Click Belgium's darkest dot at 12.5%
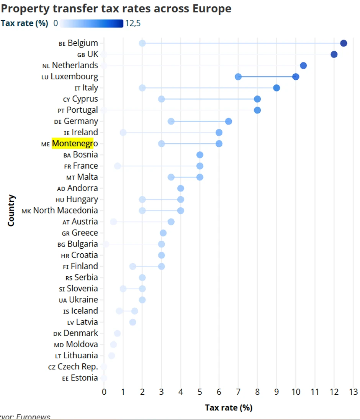coord(344,43)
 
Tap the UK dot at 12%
coord(334,54)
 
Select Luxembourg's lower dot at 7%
coord(238,77)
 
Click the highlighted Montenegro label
coord(72,144)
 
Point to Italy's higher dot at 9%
coord(277,88)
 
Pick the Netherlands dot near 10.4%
coord(303,66)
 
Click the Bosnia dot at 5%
coord(200,155)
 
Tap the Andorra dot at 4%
coord(180,188)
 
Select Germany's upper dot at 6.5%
coord(228,121)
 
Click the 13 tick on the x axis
coord(353,392)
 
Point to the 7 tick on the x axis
coord(238,392)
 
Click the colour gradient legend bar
coord(92,24)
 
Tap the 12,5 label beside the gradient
coord(133,24)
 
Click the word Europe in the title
coord(212,8)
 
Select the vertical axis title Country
coord(11,210)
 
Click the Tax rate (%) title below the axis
coord(229,408)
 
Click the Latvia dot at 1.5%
coord(133,322)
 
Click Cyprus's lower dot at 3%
coord(161,99)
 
